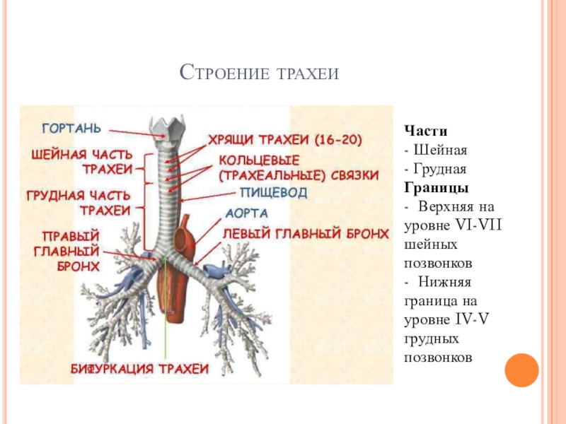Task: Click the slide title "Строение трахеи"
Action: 260,72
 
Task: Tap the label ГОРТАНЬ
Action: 71,129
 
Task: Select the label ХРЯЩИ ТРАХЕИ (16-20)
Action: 284,141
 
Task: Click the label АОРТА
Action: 246,212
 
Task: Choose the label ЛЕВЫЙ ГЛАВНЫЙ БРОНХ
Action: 306,232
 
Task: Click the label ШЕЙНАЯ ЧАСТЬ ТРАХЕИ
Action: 82,162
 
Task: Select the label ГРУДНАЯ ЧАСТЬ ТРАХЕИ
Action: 79,202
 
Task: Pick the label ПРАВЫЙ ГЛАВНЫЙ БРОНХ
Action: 70,250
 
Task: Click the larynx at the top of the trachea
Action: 167,127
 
